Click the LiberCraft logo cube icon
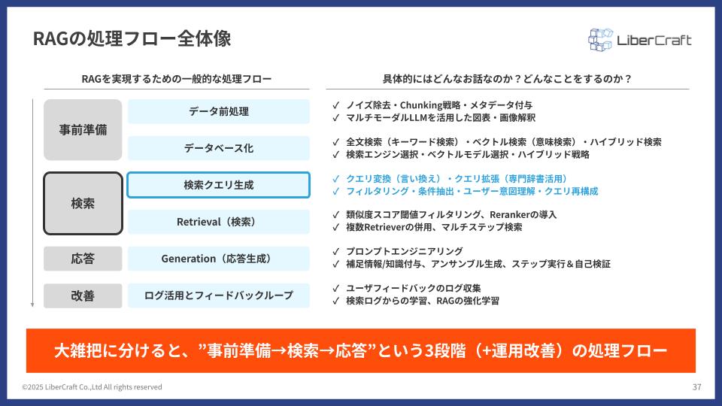[600, 40]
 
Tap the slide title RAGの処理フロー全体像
[132, 38]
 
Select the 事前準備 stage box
[83, 130]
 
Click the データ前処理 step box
[219, 111]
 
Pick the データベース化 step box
[219, 148]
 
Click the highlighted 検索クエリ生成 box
[219, 185]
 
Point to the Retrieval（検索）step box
[219, 222]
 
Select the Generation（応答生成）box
[219, 259]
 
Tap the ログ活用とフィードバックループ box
[219, 295]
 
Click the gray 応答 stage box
[83, 259]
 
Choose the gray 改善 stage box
[83, 295]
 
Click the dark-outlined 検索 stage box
[83, 204]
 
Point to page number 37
[696, 387]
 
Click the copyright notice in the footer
[92, 387]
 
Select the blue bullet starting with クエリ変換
[457, 179]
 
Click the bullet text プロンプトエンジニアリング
[405, 251]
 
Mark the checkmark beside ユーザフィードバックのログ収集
[335, 289]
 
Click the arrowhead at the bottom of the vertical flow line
[32, 304]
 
